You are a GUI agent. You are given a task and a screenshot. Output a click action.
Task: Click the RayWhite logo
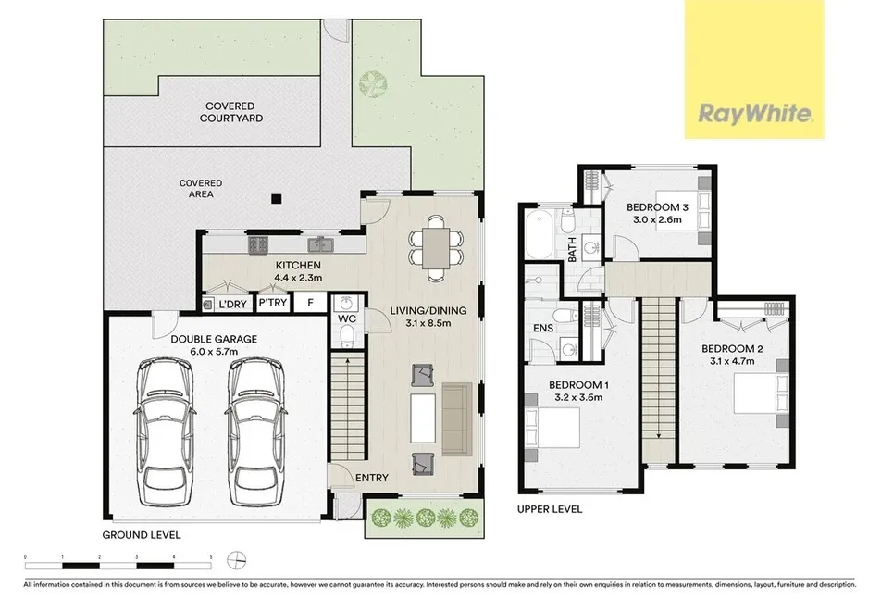click(x=754, y=115)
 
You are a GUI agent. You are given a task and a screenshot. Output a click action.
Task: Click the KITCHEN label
click(x=297, y=264)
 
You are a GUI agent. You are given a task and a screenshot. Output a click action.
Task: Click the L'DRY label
click(x=231, y=304)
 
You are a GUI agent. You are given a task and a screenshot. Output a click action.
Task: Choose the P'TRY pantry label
click(x=273, y=304)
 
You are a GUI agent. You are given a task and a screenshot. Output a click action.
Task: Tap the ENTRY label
click(x=372, y=478)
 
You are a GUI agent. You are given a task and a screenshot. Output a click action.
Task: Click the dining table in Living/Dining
click(x=435, y=245)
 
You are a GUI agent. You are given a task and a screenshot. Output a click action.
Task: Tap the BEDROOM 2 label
click(x=730, y=348)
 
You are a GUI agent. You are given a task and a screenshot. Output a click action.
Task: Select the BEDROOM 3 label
click(x=654, y=207)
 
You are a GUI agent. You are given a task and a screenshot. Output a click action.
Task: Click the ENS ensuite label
click(x=542, y=328)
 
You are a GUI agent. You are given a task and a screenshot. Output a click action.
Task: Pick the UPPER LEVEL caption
click(x=551, y=509)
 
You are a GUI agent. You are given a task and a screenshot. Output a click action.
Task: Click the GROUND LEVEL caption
click(x=142, y=535)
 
